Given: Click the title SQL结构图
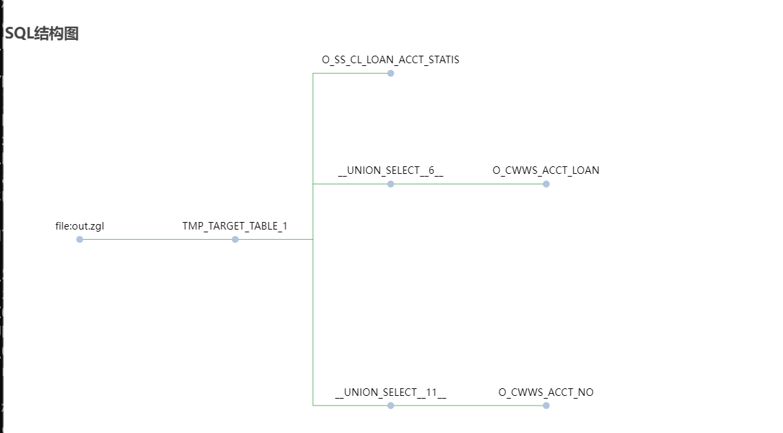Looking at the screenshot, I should pyautogui.click(x=42, y=33).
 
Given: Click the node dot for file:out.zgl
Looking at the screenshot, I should pyautogui.click(x=80, y=239).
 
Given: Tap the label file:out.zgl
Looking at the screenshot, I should pyautogui.click(x=80, y=226).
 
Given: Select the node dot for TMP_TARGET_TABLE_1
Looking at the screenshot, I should pyautogui.click(x=235, y=239).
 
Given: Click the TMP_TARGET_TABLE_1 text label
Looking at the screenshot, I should pyautogui.click(x=235, y=226).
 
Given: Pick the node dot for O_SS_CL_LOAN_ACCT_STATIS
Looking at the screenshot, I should pyautogui.click(x=391, y=74).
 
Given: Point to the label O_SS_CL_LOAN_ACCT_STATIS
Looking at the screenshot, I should pyautogui.click(x=390, y=60).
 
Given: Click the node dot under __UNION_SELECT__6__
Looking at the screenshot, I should pyautogui.click(x=391, y=184).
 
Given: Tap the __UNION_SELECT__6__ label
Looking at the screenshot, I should pyautogui.click(x=390, y=170).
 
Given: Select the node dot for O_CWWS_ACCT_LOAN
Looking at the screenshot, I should pyautogui.click(x=546, y=184).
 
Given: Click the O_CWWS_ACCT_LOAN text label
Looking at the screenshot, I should pyautogui.click(x=546, y=170).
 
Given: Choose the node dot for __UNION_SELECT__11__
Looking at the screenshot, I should pyautogui.click(x=391, y=406).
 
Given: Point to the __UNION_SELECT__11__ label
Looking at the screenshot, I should pyautogui.click(x=390, y=392).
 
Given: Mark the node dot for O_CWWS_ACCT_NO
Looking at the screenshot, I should pyautogui.click(x=546, y=406).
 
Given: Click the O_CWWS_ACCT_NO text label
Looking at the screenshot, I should pyautogui.click(x=546, y=392).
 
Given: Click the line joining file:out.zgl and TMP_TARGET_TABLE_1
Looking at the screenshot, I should pyautogui.click(x=158, y=239).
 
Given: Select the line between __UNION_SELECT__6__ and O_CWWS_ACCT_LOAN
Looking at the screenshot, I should pyautogui.click(x=469, y=184).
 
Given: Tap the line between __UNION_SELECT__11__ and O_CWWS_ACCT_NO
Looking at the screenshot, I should pyautogui.click(x=469, y=406).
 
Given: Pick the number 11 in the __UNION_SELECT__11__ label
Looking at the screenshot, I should pyautogui.click(x=431, y=392).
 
